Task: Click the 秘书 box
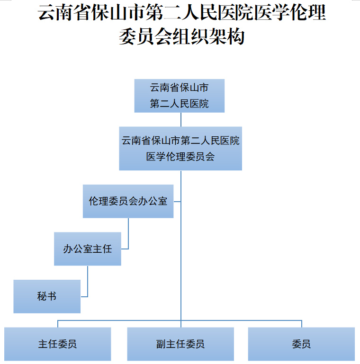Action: (x=47, y=296)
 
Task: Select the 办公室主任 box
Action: (x=88, y=249)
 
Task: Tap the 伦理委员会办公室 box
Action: (x=128, y=201)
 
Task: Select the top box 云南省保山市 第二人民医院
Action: (x=179, y=96)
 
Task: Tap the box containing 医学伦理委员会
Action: (x=180, y=148)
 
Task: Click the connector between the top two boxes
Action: (x=181, y=119)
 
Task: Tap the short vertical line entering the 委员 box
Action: (x=302, y=324)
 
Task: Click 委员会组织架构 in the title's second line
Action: (x=181, y=36)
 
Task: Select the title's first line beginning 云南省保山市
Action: (x=181, y=13)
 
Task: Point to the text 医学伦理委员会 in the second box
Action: (x=180, y=156)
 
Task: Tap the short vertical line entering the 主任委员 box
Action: (x=58, y=324)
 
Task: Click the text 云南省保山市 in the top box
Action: (x=179, y=88)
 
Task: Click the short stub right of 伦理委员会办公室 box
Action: (x=177, y=202)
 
